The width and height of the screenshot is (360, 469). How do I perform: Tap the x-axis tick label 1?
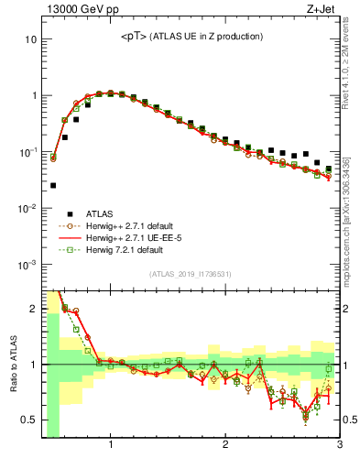pyautogui.click(x=111, y=445)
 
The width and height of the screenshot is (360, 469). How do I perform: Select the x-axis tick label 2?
pyautogui.click(x=225, y=445)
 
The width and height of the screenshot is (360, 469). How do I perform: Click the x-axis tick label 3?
pyautogui.click(x=339, y=445)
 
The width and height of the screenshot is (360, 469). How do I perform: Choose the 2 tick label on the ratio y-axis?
pyautogui.click(x=34, y=309)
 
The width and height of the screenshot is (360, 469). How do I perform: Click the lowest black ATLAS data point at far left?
pyautogui.click(x=52, y=185)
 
